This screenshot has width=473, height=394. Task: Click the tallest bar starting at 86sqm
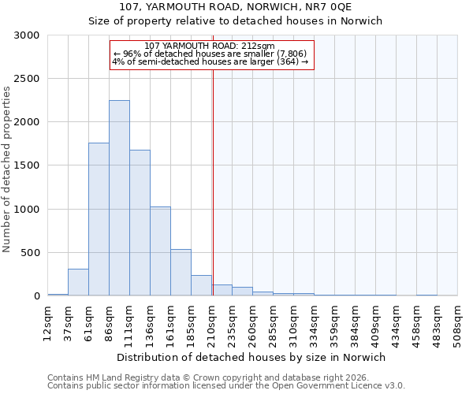coord(119,198)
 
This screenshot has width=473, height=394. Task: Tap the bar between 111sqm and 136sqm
coord(140,223)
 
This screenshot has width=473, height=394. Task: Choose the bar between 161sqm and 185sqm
coord(181,273)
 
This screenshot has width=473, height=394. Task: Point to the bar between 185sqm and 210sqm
coord(201,285)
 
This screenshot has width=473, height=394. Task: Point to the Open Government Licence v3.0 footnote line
coord(226,386)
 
